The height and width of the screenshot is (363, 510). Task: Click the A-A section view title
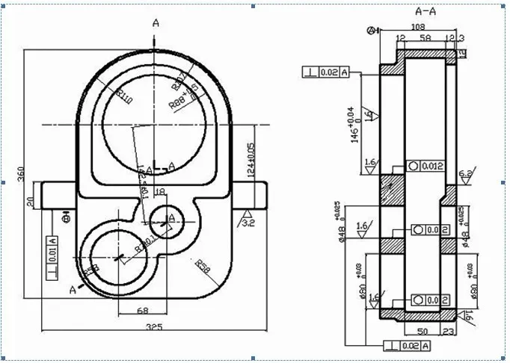(425, 11)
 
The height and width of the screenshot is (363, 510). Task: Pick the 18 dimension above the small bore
(159, 192)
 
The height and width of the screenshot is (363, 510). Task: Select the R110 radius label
(125, 97)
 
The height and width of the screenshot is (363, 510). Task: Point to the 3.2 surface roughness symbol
(248, 220)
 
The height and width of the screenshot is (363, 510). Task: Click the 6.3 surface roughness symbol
(465, 174)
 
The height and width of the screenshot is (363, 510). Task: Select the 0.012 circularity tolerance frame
(425, 165)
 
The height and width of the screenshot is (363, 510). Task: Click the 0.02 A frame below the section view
(407, 346)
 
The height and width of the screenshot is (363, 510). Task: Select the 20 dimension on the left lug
(31, 200)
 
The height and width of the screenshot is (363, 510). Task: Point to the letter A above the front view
(156, 23)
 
